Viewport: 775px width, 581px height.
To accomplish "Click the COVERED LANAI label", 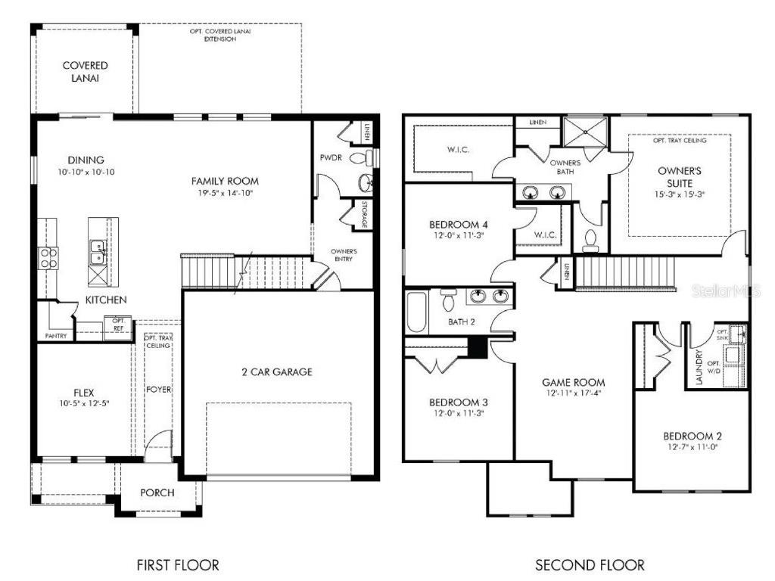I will pos(85,72).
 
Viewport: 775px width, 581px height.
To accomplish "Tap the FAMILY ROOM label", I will pos(225,181).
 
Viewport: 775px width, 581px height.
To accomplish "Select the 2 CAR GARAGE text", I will pos(277,372).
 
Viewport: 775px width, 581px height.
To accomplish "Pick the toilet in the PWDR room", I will pos(369,157).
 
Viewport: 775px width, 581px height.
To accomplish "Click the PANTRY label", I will pos(56,335).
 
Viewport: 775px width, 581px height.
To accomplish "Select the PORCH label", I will pos(157,492).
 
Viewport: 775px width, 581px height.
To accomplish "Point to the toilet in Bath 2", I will pos(447,300).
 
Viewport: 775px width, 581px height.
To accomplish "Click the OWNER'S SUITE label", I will pos(679,177).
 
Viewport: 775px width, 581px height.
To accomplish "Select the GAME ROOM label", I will pos(573,383).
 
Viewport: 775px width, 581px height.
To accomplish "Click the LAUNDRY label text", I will pos(699,366).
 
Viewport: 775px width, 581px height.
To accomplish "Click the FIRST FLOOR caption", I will pos(178,564).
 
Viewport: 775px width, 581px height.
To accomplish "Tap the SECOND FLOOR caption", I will pos(590,564).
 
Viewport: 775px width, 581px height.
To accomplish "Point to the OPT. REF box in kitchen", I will pos(118,325).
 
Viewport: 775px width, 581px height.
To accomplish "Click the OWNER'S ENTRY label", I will pos(344,255).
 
